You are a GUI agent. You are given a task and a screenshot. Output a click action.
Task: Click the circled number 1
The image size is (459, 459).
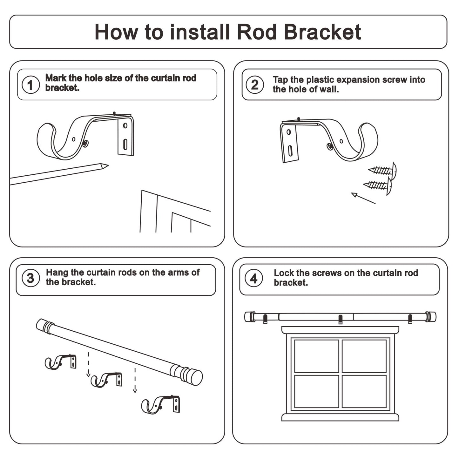pyautogui.click(x=30, y=85)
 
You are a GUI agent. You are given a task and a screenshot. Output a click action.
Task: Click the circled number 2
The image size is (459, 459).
pyautogui.click(x=255, y=85)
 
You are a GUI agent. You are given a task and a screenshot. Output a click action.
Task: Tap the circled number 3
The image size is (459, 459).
pyautogui.click(x=30, y=278)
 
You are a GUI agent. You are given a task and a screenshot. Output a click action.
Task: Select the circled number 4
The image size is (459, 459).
pyautogui.click(x=254, y=279)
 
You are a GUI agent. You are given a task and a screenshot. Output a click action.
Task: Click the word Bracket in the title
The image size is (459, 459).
pyautogui.click(x=322, y=32)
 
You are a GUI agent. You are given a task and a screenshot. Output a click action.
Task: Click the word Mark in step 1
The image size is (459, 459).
pyautogui.click(x=56, y=78)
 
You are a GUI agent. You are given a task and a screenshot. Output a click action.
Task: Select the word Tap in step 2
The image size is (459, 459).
pyautogui.click(x=280, y=80)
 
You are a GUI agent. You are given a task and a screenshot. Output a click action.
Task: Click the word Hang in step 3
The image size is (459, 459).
pyautogui.click(x=57, y=273)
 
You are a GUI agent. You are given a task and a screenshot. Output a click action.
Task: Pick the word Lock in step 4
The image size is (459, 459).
pyautogui.click(x=283, y=273)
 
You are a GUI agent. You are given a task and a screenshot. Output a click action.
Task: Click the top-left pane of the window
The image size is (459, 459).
pyautogui.click(x=316, y=356)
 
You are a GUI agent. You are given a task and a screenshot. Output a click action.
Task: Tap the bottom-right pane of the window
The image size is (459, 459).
pyautogui.click(x=364, y=391)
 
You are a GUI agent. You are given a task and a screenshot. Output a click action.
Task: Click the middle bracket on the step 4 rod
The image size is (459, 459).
pyautogui.click(x=341, y=319)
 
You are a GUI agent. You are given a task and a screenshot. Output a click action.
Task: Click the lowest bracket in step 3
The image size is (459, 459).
pyautogui.click(x=161, y=404)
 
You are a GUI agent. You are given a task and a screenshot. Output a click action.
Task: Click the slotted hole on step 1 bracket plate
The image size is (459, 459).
pyautogui.click(x=125, y=145)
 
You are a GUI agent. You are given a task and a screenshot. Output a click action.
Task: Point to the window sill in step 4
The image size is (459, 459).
pyautogui.click(x=340, y=417)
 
